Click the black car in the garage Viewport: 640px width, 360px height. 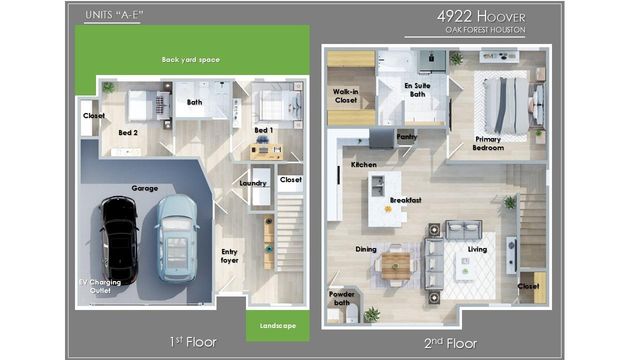pyautogui.click(x=118, y=237)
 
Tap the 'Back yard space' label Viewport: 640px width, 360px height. pyautogui.click(x=190, y=60)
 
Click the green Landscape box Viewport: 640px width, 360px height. pyautogui.click(x=278, y=324)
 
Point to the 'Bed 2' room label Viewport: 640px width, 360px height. pyautogui.click(x=128, y=132)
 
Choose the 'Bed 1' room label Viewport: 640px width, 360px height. pyautogui.click(x=264, y=131)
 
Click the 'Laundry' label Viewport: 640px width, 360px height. pyautogui.click(x=252, y=183)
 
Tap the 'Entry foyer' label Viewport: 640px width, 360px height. pyautogui.click(x=230, y=256)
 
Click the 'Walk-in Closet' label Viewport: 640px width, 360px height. pyautogui.click(x=346, y=96)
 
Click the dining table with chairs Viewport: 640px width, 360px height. pyautogui.click(x=397, y=264)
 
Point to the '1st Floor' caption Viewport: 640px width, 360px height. pyautogui.click(x=193, y=343)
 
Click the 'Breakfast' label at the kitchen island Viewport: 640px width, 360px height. pyautogui.click(x=405, y=200)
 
